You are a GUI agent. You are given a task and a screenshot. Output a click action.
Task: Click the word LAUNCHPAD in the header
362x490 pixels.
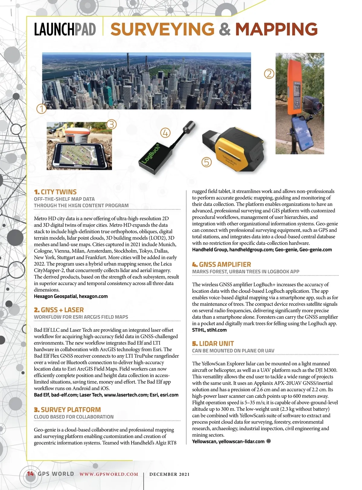click(x=65, y=29)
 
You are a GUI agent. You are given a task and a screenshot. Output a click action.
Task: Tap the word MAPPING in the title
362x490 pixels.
click(x=276, y=29)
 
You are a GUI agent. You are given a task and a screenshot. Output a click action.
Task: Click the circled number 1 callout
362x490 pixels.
click(x=42, y=108)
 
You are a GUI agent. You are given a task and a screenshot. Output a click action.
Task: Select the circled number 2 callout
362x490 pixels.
click(x=269, y=74)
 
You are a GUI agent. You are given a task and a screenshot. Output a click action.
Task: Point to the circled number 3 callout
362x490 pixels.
click(x=111, y=124)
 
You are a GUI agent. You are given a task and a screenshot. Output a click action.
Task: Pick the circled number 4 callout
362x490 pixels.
click(x=165, y=133)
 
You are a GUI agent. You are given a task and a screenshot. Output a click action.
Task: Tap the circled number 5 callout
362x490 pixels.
click(x=207, y=162)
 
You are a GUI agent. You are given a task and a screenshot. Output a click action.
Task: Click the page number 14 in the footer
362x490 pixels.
click(x=30, y=474)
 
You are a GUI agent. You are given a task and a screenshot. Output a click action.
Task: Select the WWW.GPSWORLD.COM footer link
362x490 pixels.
click(x=109, y=474)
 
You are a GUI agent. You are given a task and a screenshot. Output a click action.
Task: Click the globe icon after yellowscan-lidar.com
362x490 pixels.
click(x=269, y=441)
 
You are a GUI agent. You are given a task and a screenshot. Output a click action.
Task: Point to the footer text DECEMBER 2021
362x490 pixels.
click(x=170, y=474)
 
